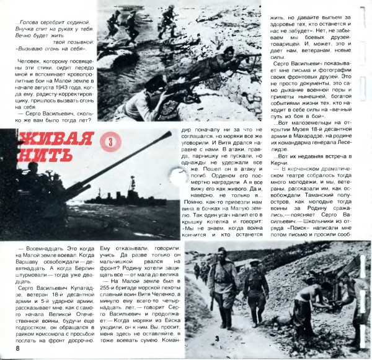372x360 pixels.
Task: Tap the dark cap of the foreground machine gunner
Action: (x=153, y=84)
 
